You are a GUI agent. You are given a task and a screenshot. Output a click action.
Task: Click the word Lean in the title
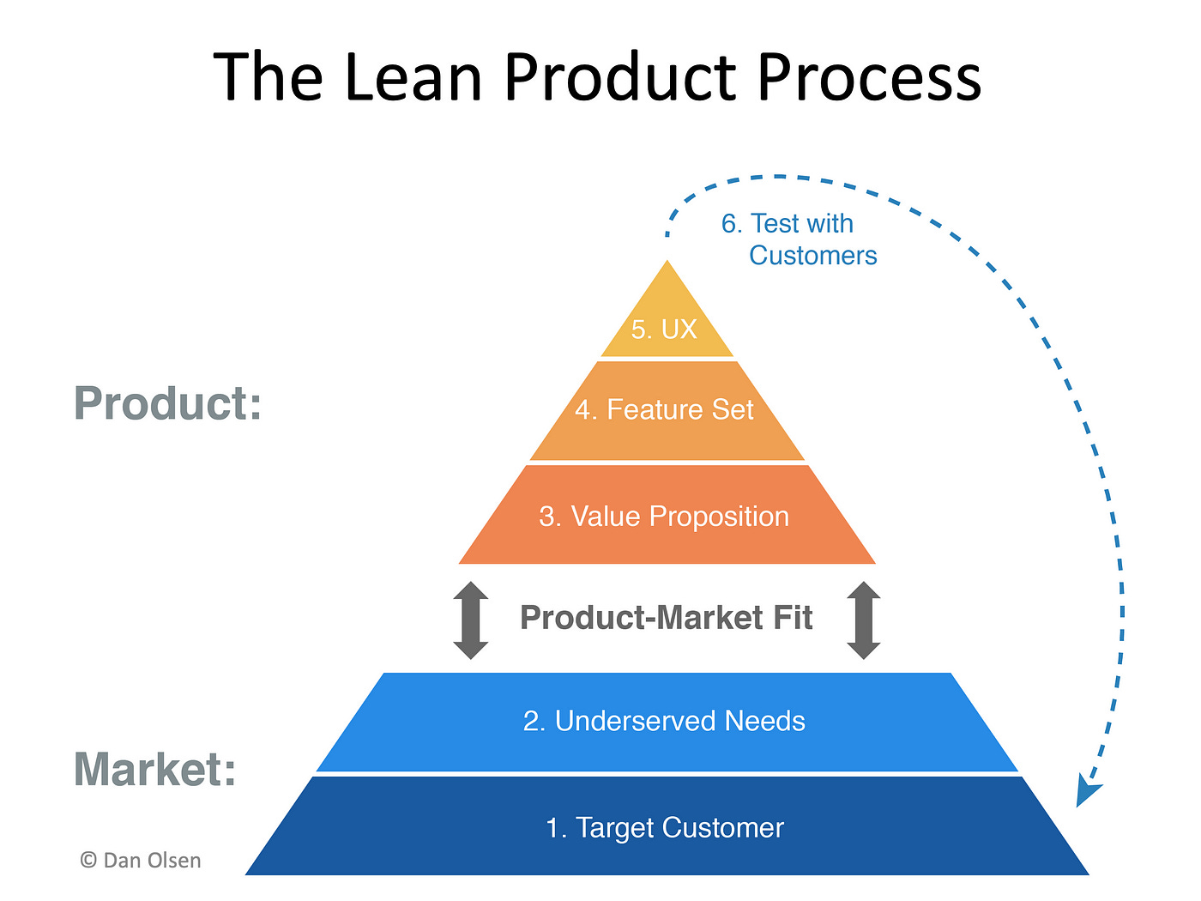(x=413, y=77)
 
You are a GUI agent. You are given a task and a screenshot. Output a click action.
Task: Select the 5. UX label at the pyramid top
(x=664, y=330)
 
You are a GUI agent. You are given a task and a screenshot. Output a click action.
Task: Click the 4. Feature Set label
(x=664, y=410)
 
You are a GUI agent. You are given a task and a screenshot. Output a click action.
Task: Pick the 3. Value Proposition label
(x=664, y=517)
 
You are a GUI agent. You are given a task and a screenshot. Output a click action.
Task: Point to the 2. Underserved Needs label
(x=664, y=721)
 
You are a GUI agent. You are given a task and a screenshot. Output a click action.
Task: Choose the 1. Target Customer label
(x=664, y=828)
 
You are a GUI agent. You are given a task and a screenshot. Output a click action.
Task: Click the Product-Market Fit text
(x=666, y=618)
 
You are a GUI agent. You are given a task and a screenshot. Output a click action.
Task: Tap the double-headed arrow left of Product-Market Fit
(x=471, y=620)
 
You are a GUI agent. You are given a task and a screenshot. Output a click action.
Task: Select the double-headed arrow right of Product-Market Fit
(x=864, y=620)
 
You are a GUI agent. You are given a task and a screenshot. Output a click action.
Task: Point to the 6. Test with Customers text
(x=798, y=239)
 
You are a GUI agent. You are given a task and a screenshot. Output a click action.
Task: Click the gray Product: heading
(x=167, y=403)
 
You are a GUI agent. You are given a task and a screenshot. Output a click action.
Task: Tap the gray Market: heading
(x=154, y=769)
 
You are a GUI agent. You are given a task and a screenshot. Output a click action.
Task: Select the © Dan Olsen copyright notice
(x=141, y=861)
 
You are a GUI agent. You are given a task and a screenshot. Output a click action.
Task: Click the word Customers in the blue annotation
(x=812, y=256)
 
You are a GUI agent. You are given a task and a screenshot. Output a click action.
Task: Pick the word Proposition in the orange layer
(x=719, y=517)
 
